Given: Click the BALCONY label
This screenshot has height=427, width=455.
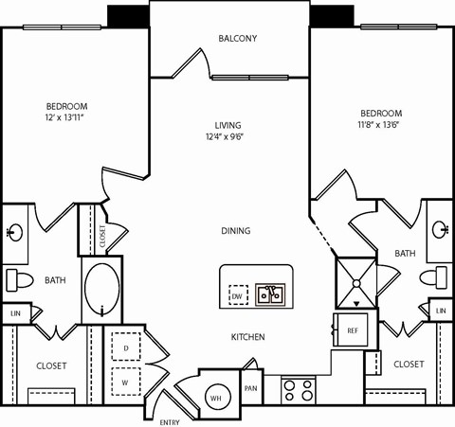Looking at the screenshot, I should click(237, 39).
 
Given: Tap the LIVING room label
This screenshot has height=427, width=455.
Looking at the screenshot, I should click(227, 125).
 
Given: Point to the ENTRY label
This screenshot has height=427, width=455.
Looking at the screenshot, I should click(169, 421).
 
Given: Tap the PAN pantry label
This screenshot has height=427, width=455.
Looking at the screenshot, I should click(251, 388).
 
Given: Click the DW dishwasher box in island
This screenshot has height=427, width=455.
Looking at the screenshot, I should click(238, 296).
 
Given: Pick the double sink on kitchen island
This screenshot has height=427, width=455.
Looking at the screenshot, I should click(272, 294).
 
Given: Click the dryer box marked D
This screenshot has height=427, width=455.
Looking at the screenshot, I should click(126, 347).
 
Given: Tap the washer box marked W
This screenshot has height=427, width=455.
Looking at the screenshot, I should click(126, 383).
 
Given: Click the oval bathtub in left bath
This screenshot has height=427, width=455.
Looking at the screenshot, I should click(102, 290).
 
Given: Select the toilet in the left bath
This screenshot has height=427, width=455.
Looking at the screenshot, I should click(19, 280).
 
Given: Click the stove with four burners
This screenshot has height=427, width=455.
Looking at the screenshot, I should click(299, 390).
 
